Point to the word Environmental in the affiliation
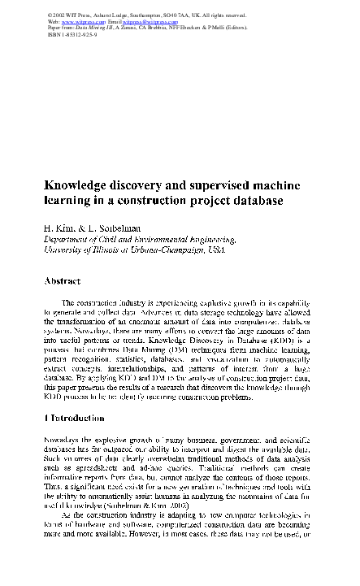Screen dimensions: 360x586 click(153, 240)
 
